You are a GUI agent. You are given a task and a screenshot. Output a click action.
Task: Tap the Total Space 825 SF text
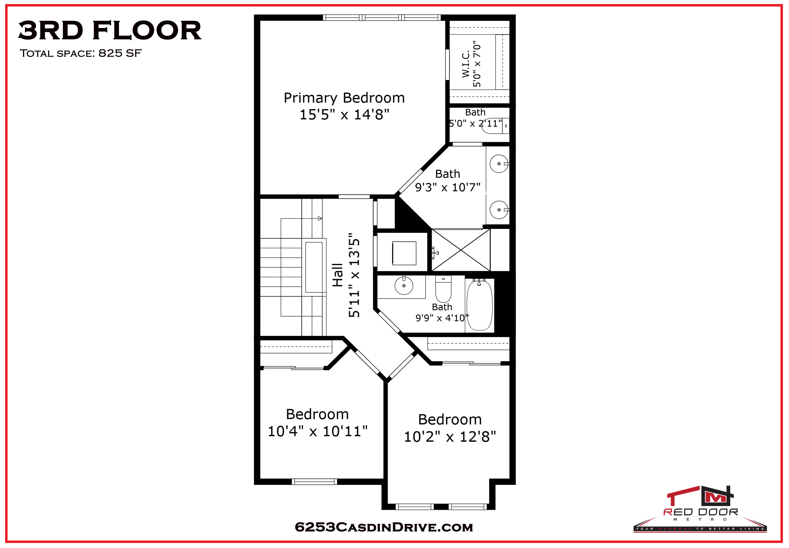tap(81, 53)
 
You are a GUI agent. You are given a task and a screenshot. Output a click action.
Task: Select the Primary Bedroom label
tap(344, 98)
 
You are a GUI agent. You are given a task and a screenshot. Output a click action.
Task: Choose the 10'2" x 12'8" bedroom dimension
tap(450, 437)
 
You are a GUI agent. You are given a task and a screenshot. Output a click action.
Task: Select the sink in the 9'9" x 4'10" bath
tap(404, 285)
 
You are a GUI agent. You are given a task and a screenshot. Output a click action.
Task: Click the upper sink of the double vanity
tap(499, 164)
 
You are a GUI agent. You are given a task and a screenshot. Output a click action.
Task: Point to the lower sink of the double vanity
tap(499, 209)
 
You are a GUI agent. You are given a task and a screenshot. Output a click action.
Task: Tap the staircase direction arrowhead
tap(320, 218)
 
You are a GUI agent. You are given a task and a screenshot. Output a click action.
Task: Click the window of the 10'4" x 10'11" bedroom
tap(314, 482)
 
